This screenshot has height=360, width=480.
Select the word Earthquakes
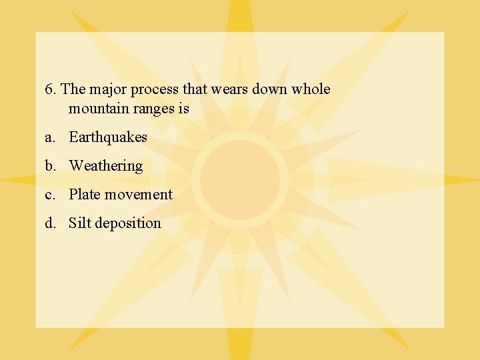[108, 137]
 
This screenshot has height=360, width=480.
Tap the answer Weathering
[106, 166]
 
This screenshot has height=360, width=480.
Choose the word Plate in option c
[84, 195]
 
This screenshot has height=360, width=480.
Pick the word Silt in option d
[80, 223]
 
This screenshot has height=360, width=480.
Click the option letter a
[49, 138]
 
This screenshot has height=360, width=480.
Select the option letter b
[49, 166]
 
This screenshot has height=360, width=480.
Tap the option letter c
[49, 195]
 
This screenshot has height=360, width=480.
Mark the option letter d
[49, 223]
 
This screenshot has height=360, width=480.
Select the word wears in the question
[229, 89]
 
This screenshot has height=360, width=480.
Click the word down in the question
[269, 89]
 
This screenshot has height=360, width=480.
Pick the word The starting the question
[73, 89]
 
